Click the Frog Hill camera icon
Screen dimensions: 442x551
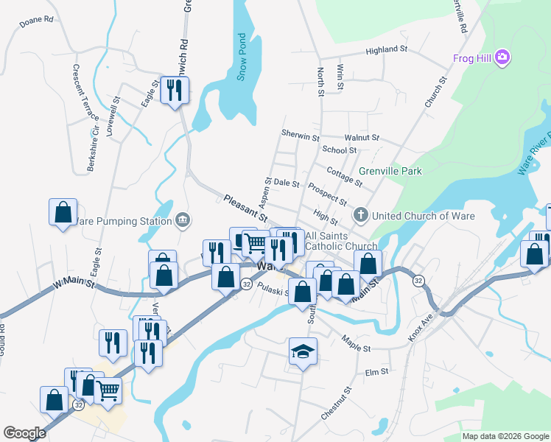[503, 57]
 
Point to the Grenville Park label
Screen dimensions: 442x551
[390, 171]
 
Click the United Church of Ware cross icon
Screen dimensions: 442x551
[360, 216]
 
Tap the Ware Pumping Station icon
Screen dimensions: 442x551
[183, 220]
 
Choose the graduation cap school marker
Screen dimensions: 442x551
[301, 353]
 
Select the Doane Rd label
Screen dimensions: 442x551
[37, 19]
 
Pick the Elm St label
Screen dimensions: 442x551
[376, 373]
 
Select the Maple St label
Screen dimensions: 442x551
[357, 343]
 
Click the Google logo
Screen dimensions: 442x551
[24, 433]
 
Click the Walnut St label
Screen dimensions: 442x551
[361, 138]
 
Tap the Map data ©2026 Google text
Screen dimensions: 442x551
[505, 436]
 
